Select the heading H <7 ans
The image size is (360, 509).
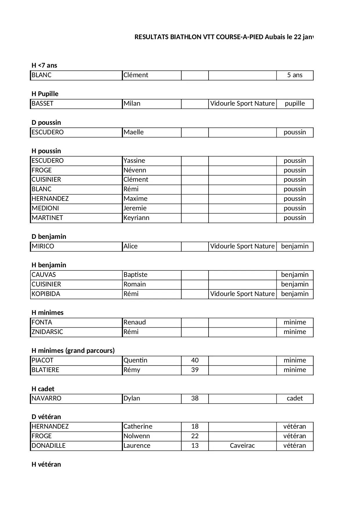44,65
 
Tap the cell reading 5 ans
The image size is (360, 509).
295,75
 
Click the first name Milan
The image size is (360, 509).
132,104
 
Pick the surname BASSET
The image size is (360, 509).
42,104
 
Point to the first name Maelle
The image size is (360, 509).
133,132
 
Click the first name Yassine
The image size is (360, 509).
134,161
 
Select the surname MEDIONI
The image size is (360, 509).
45,208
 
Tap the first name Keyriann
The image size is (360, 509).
136,218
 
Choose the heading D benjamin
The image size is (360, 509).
49,237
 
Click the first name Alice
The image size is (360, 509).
131,246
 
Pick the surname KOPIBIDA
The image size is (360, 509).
46,294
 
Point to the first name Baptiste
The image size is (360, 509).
135,275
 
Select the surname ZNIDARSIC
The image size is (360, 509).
47,332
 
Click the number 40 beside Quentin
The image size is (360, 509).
195,360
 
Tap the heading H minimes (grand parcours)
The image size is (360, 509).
73,351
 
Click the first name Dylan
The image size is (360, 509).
132,398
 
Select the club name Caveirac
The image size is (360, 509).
242,446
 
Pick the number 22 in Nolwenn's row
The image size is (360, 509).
195,436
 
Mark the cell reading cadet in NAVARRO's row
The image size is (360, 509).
295,398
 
